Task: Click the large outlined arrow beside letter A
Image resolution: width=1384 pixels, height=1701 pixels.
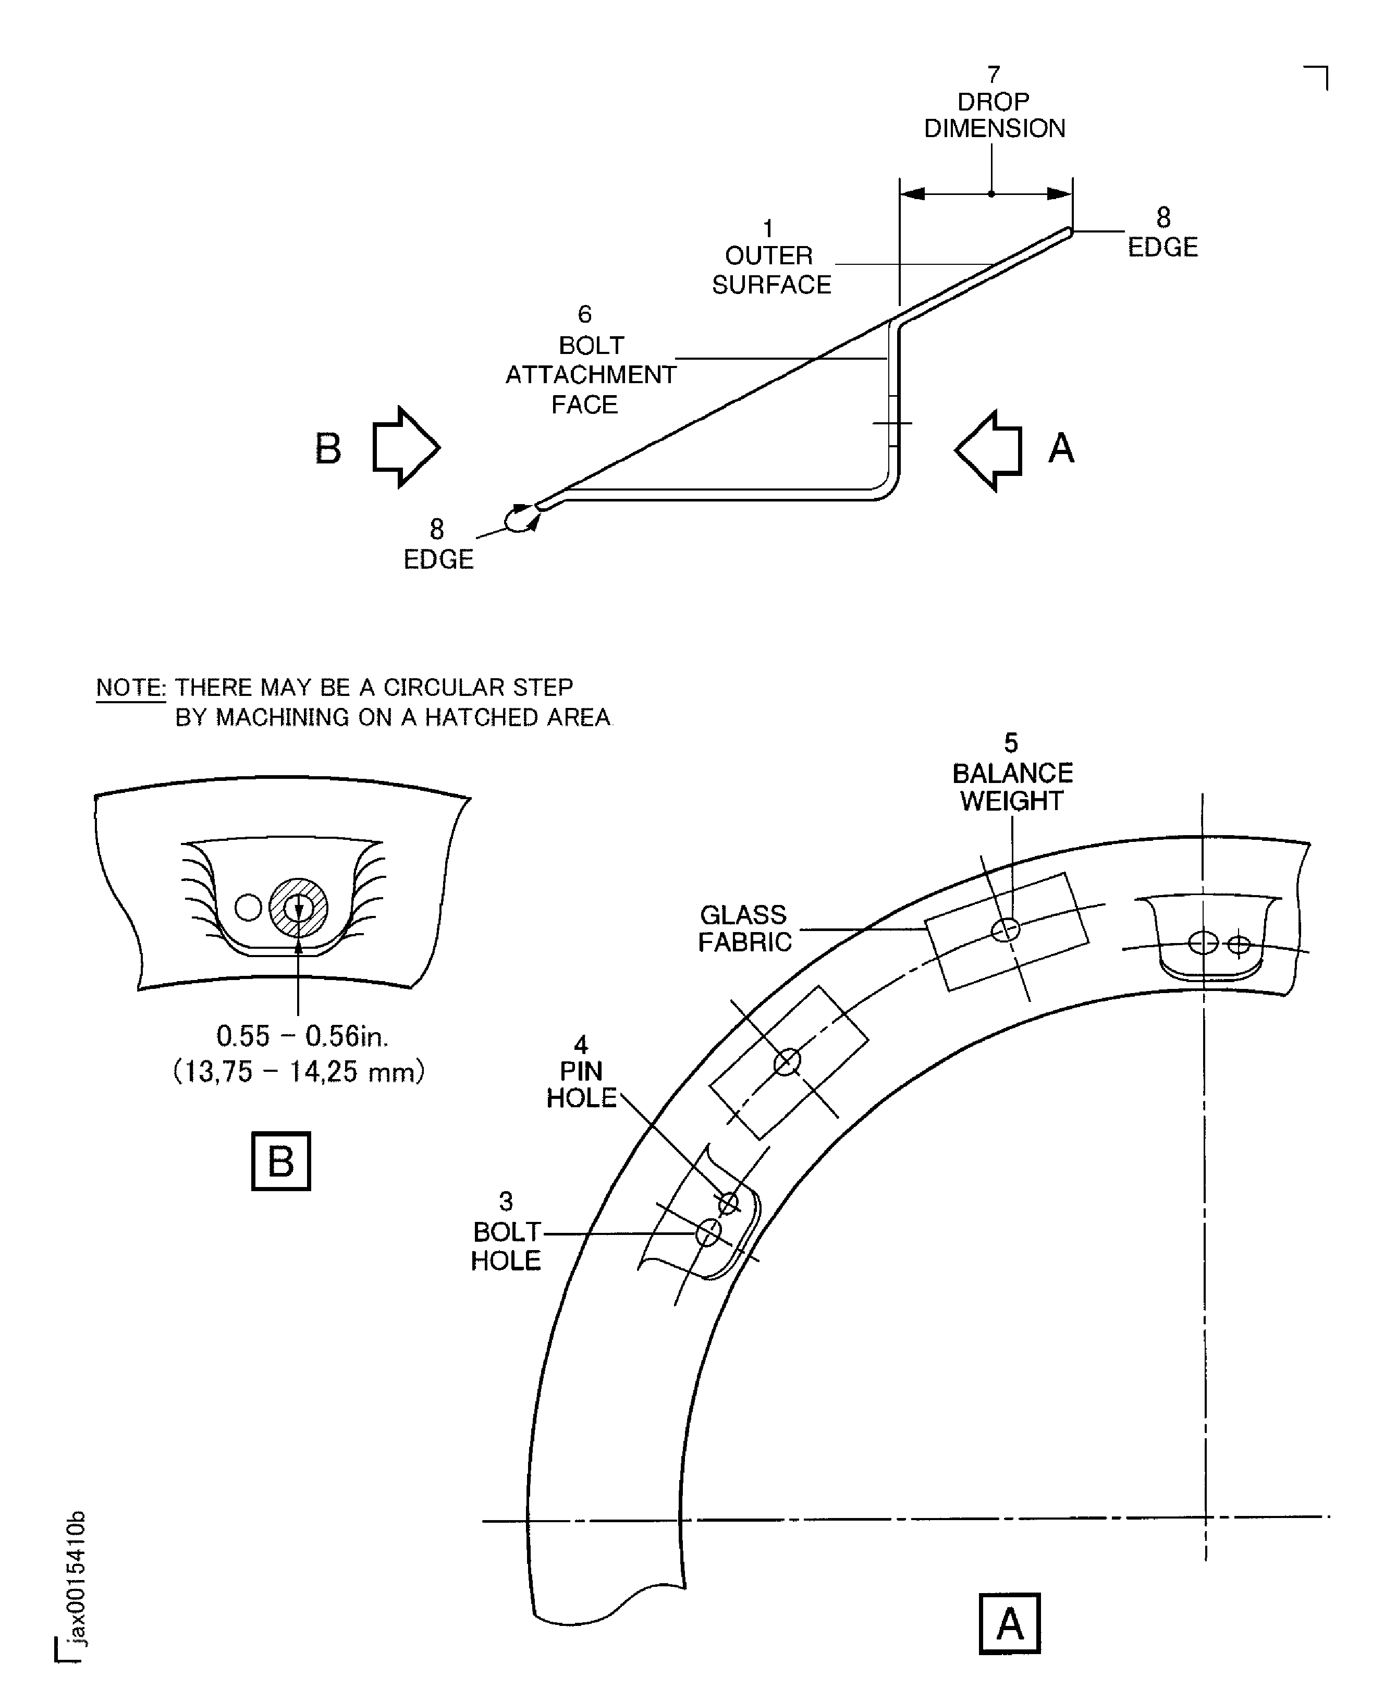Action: pos(988,450)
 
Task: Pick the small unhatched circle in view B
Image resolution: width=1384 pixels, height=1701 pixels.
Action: pos(249,907)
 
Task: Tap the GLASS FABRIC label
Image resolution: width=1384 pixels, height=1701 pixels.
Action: pos(744,928)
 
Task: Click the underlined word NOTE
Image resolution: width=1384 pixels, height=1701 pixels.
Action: pos(130,687)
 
